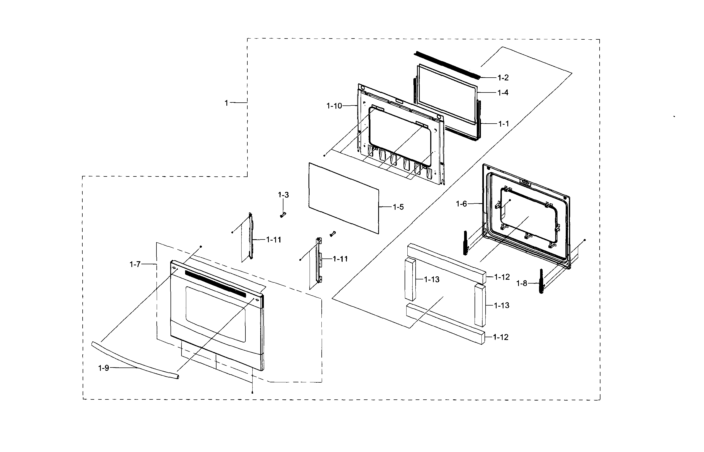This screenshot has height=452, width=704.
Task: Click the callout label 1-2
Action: [503, 78]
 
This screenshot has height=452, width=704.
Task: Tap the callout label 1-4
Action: [503, 93]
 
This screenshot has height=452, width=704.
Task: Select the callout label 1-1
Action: [503, 124]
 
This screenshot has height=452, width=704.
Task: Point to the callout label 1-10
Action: [334, 106]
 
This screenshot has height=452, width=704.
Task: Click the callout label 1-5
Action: [398, 207]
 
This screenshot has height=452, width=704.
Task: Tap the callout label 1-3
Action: [283, 195]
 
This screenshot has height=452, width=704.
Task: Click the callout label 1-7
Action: [135, 265]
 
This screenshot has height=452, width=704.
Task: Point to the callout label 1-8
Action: [522, 284]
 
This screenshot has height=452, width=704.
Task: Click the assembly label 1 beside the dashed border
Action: [226, 103]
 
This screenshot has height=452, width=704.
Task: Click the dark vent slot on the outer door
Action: [223, 284]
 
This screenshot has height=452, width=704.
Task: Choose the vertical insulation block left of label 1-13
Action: [410, 279]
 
